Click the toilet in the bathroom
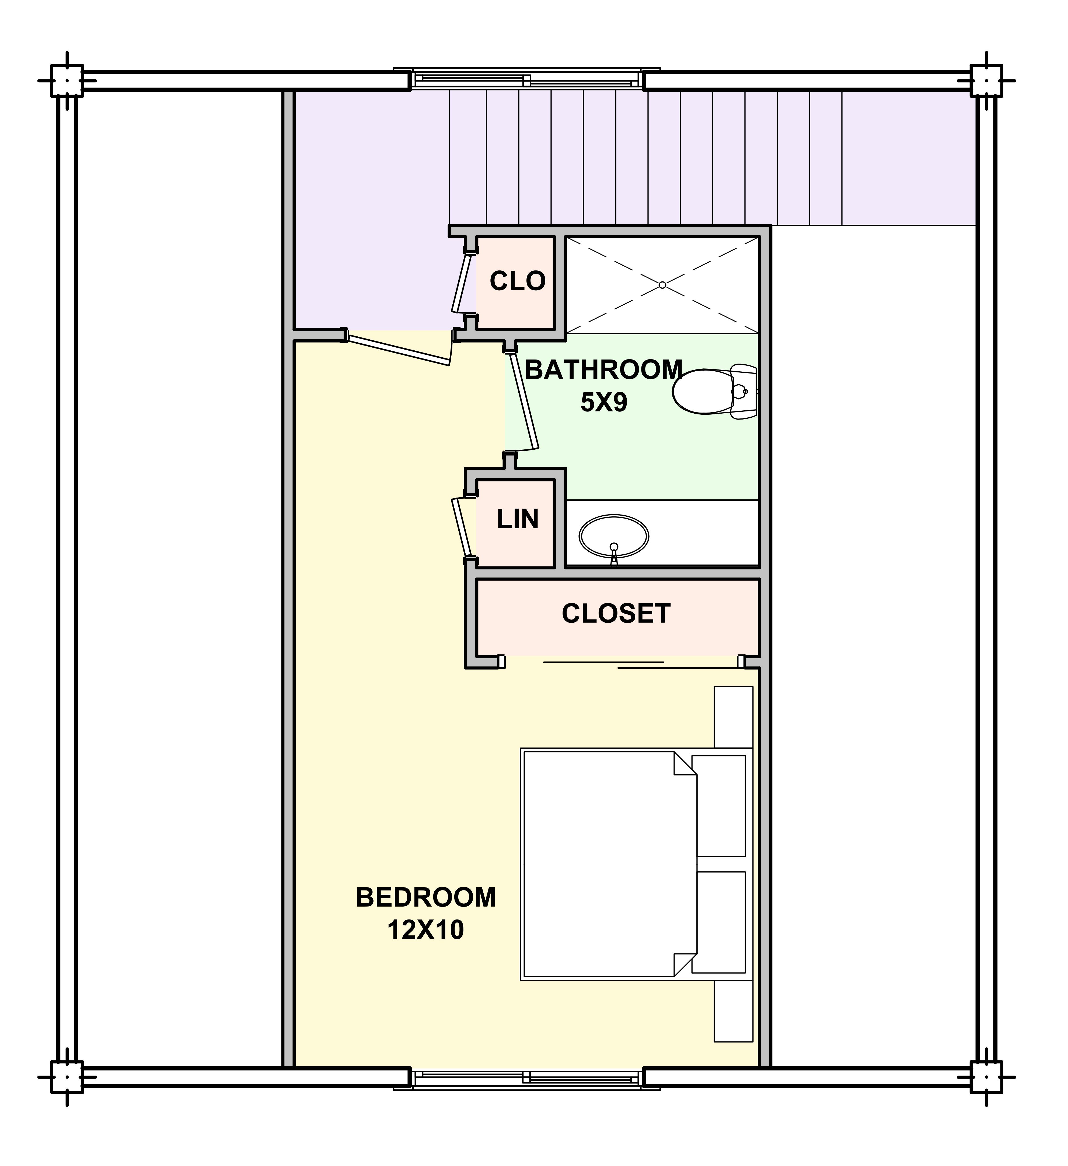pos(715,392)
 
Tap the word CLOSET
pos(616,614)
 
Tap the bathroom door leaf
pos(524,401)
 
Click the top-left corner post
pos(67,80)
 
